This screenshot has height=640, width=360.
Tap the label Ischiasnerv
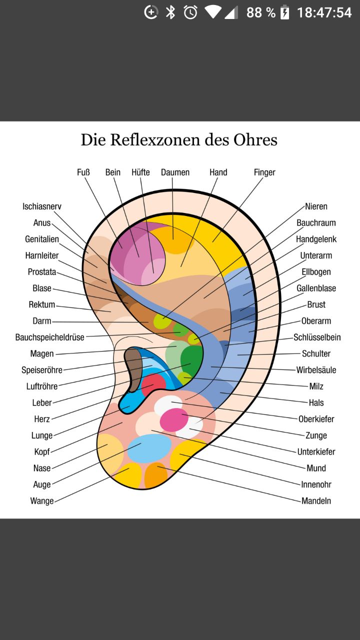[42, 206]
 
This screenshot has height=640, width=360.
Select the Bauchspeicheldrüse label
[50, 337]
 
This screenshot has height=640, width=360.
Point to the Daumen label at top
[175, 172]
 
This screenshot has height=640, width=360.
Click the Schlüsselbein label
[317, 337]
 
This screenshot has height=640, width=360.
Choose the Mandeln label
[316, 501]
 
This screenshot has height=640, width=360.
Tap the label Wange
[42, 501]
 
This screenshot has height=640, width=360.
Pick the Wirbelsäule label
[316, 370]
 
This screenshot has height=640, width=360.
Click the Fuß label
[83, 172]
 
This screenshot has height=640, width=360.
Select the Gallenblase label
[316, 288]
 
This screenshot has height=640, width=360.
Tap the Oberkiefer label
[316, 419]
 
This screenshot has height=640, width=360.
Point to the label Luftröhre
[42, 386]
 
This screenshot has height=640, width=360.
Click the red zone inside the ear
[153, 385]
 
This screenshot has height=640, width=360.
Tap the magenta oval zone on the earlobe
[174, 419]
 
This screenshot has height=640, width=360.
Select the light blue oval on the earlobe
[149, 448]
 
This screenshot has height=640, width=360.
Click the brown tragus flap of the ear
[133, 369]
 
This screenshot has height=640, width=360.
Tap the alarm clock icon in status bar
[190, 12]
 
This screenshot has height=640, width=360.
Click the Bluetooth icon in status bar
[170, 12]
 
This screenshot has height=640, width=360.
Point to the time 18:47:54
[324, 12]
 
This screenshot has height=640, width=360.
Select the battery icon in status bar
[284, 12]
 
